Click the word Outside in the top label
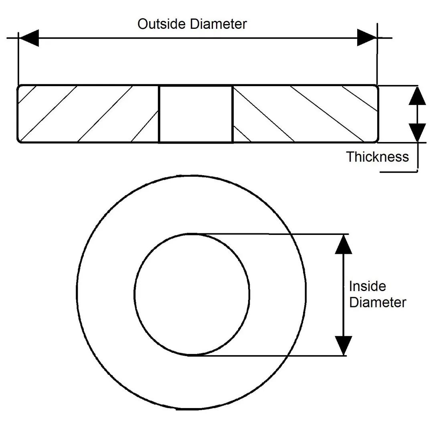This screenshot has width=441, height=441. click(162, 24)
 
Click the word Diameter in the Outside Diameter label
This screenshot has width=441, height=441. click(218, 24)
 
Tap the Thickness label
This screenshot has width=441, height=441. click(377, 157)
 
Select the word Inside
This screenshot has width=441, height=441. click(367, 286)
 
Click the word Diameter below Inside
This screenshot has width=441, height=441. click(377, 302)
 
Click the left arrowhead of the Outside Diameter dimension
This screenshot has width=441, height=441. click(28, 38)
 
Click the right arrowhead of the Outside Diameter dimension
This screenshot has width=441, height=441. click(367, 38)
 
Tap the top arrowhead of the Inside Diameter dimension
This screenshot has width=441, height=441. click(343, 245)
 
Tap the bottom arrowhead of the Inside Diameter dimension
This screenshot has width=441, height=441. click(343, 346)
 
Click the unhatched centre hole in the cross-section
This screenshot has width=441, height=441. click(196, 114)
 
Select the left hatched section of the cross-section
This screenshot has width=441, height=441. click(88, 114)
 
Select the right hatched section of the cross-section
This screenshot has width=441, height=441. click(305, 114)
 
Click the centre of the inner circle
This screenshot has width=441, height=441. click(192, 294)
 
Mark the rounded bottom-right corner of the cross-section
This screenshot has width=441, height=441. click(376, 140)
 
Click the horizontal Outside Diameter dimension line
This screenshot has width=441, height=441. click(196, 38)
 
